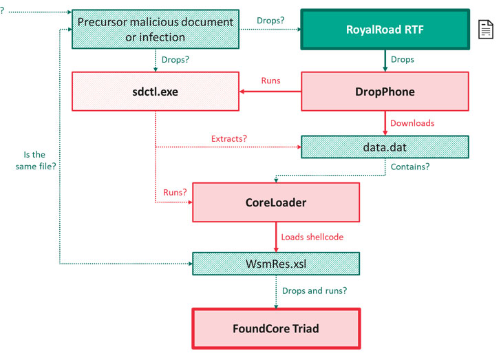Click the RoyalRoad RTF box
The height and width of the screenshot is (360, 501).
coord(384,30)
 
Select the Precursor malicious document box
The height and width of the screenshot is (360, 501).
coord(155,30)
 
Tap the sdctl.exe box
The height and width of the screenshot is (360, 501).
coord(155,91)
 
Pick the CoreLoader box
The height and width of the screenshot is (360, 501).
coord(276,202)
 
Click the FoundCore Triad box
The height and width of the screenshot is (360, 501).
coord(276,328)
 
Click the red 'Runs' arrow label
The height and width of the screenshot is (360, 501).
coord(270,81)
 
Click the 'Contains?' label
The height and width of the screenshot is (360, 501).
coord(411,167)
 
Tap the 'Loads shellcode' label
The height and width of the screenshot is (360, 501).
coord(312,237)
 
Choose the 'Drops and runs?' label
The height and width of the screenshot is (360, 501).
coord(312,290)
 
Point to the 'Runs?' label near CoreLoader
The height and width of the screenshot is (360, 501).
coord(175,193)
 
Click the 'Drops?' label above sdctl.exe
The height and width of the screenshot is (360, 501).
coord(175,59)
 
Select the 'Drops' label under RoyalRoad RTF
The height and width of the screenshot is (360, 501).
coord(403,59)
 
